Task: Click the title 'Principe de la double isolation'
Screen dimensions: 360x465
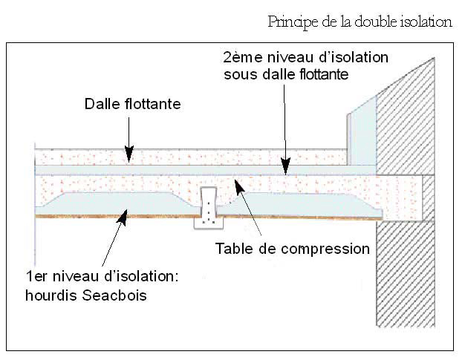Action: pyautogui.click(x=360, y=22)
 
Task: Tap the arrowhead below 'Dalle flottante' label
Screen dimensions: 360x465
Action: pyautogui.click(x=129, y=155)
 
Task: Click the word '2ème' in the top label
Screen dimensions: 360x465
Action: pyautogui.click(x=240, y=58)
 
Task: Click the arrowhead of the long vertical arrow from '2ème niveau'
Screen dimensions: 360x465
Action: pyautogui.click(x=284, y=170)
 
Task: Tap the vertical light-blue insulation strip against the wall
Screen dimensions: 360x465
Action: pyautogui.click(x=362, y=137)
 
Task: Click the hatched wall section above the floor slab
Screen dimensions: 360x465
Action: pyautogui.click(x=412, y=111)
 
